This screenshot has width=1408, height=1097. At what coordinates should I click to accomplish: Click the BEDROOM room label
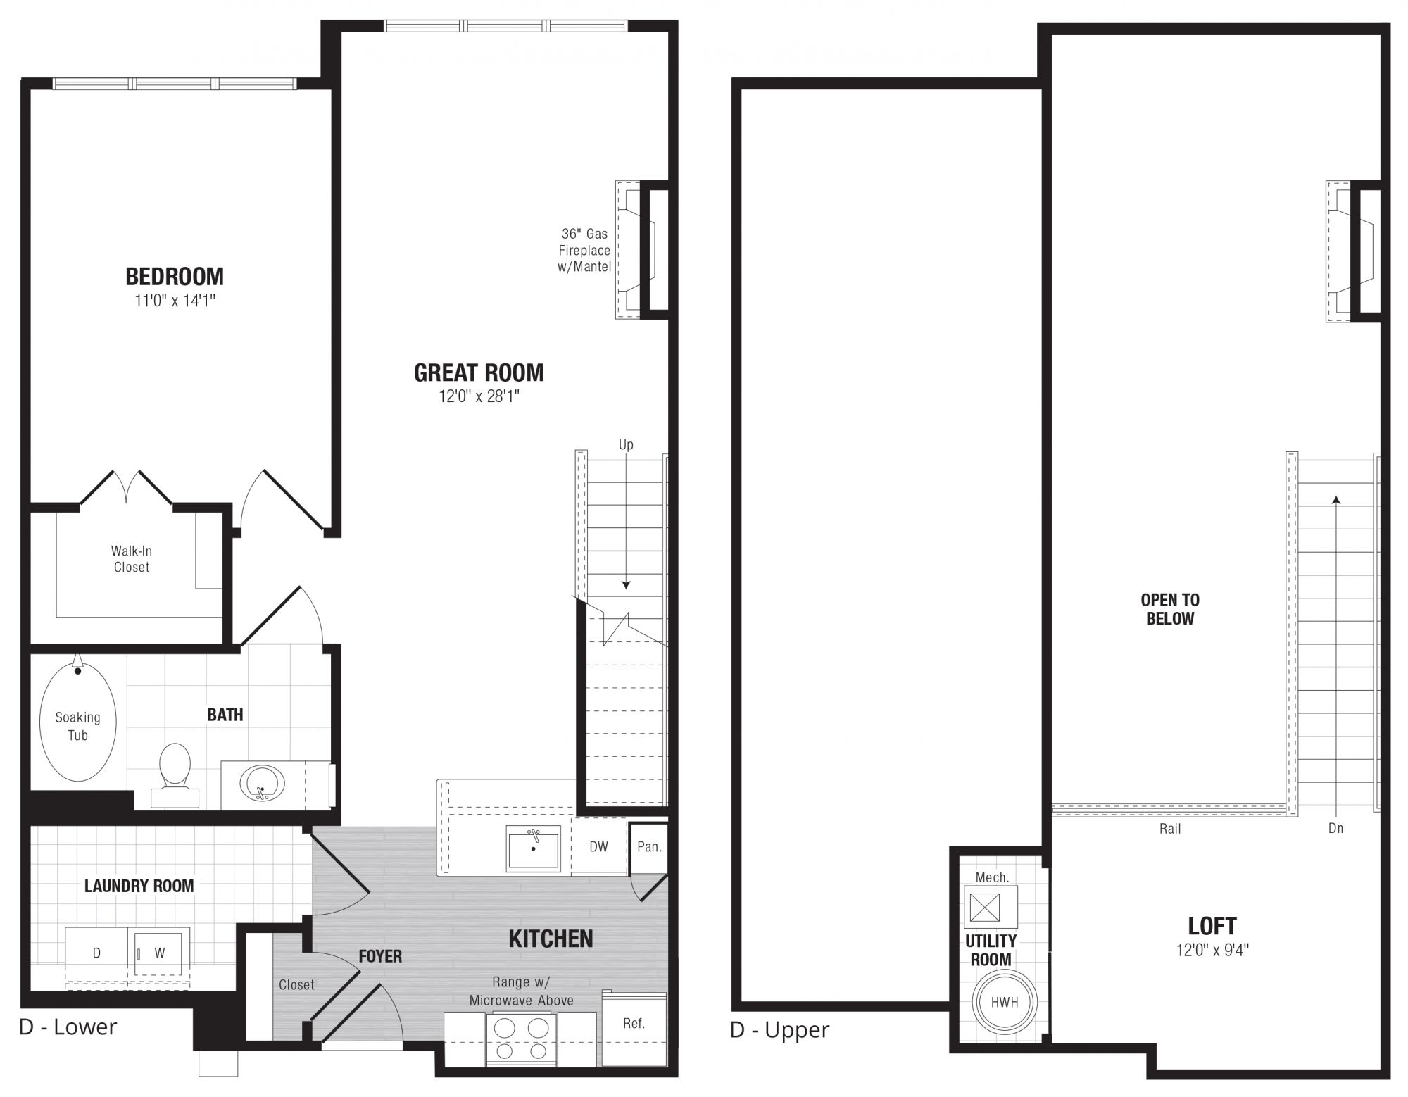pos(175,276)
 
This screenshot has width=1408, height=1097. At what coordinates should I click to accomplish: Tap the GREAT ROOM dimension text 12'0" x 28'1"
pos(479,396)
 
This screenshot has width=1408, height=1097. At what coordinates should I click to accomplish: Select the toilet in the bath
pos(175,775)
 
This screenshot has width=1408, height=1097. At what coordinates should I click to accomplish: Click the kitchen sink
pos(534,848)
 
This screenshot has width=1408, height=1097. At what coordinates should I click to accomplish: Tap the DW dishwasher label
pos(598,847)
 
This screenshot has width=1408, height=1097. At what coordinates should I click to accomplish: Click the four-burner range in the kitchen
pos(521,1039)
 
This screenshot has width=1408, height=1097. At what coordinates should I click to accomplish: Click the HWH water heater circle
pos(1005,1002)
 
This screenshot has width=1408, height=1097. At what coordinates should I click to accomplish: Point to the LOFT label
pos(1212,925)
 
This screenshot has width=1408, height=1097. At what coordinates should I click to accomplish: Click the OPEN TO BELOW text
pos(1170,609)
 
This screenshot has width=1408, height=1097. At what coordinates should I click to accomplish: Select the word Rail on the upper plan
pos(1170,829)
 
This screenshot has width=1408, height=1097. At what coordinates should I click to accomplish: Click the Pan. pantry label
pos(649,846)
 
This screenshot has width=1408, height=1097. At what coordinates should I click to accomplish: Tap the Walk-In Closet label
pos(132,559)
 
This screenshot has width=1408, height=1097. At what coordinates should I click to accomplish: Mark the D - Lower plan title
pos(68,1027)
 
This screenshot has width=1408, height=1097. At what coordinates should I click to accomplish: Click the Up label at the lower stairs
pos(626,445)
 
